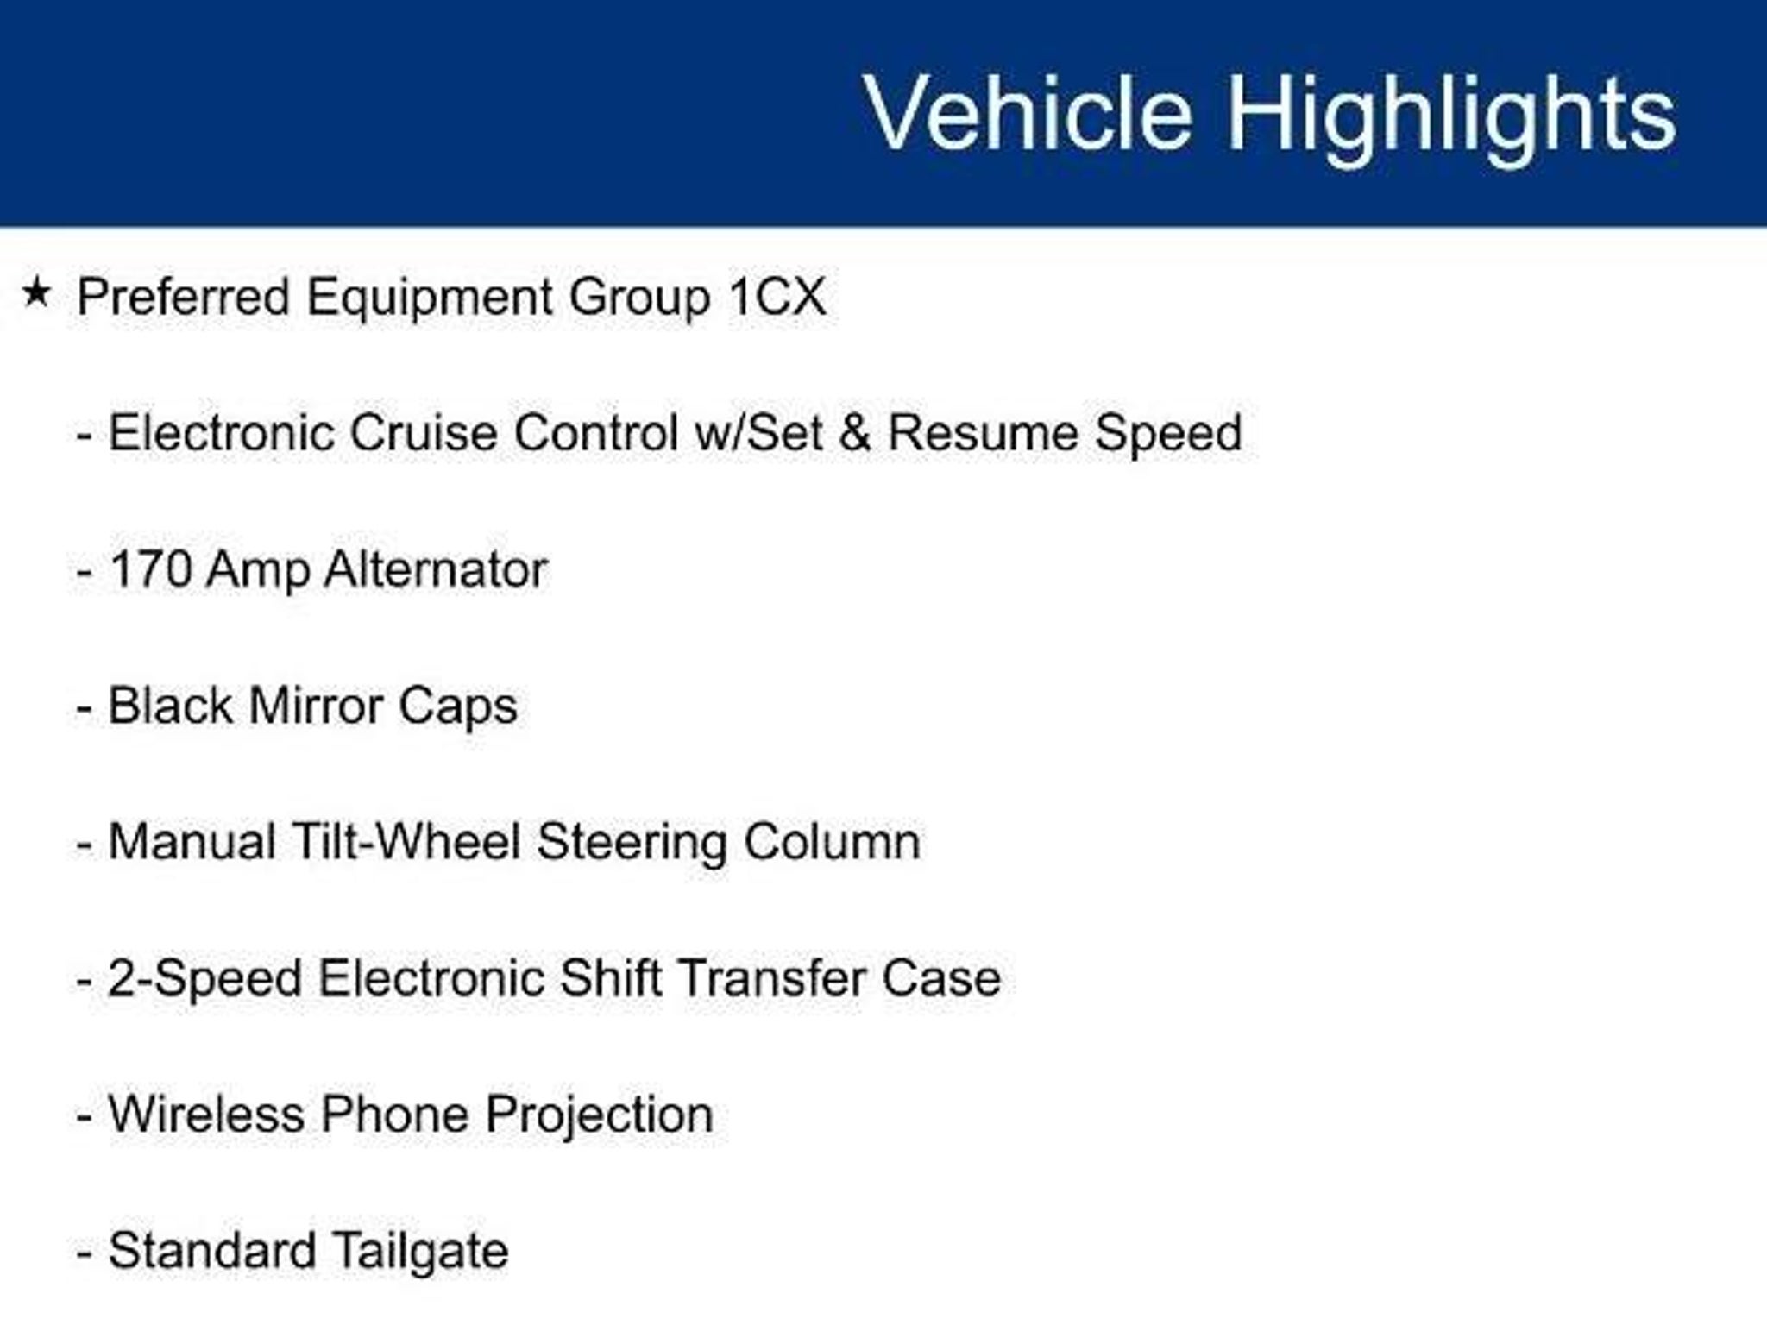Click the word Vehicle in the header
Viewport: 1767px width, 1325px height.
coord(1028,113)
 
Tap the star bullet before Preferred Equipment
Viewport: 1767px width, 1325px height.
coord(37,292)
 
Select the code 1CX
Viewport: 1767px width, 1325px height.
coord(777,297)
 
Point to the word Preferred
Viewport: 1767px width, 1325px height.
coord(184,297)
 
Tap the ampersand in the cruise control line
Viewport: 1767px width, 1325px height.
coord(854,432)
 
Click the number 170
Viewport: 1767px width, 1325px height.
coord(151,569)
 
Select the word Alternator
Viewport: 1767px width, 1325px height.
coord(436,569)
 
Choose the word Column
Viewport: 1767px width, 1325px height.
coord(832,841)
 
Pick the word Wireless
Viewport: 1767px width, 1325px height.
coord(205,1114)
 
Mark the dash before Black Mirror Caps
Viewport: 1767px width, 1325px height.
coord(84,710)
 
